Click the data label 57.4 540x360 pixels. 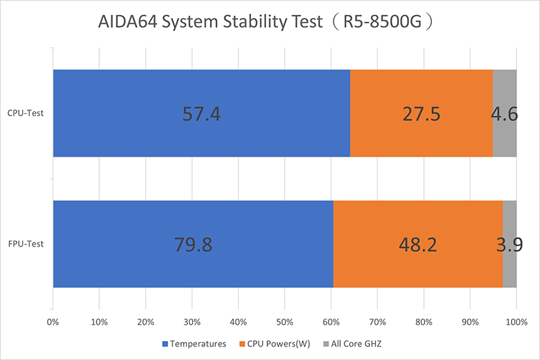[x=202, y=113]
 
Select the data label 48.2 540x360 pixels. [x=418, y=244]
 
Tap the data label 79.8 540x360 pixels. [x=193, y=244]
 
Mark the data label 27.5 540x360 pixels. [x=421, y=113]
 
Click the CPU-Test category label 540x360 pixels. [x=25, y=113]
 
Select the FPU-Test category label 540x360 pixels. [x=25, y=244]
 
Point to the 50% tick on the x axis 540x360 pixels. [x=285, y=322]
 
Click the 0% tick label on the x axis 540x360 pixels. [x=53, y=322]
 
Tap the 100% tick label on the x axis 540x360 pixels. [x=516, y=322]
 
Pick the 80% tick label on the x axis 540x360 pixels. [x=424, y=322]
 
